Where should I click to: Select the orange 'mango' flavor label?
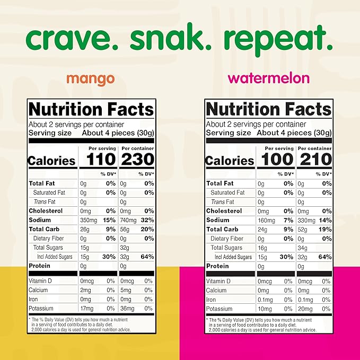(x=90, y=79)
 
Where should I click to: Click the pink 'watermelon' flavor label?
(x=268, y=78)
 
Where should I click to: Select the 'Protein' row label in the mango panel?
(x=40, y=266)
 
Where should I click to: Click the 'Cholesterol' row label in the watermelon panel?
(x=224, y=211)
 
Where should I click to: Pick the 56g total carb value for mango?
(x=125, y=229)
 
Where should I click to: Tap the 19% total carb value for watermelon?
(x=326, y=230)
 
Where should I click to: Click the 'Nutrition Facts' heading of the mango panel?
(x=91, y=110)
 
